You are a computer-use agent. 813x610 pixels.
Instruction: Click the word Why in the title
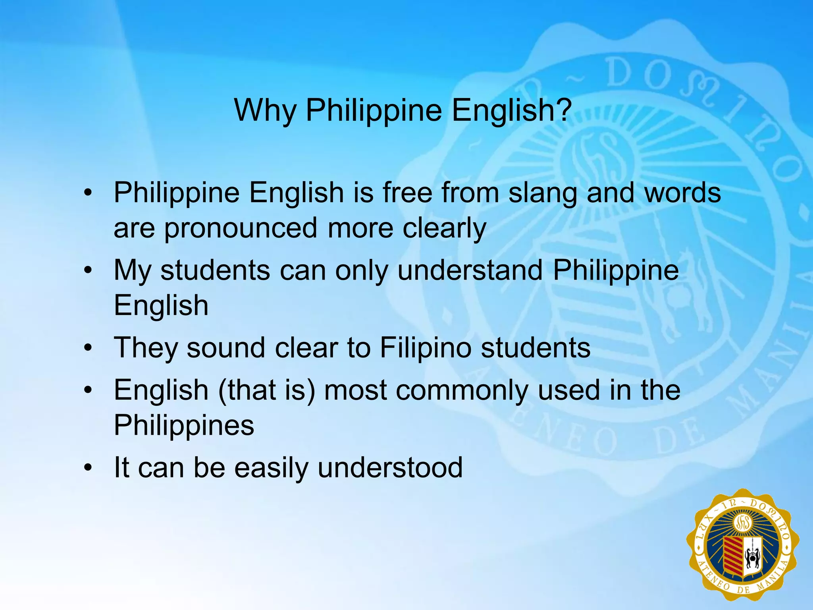coord(265,110)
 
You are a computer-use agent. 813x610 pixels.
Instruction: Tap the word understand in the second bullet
coord(470,271)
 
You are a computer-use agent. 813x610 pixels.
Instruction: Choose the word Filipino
coord(426,348)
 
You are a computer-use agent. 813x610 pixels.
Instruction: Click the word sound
coord(225,348)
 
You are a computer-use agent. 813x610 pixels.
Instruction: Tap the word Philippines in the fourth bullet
coord(184,425)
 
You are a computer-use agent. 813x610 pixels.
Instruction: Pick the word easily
coord(271,468)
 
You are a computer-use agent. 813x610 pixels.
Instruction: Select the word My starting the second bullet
coord(133,271)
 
